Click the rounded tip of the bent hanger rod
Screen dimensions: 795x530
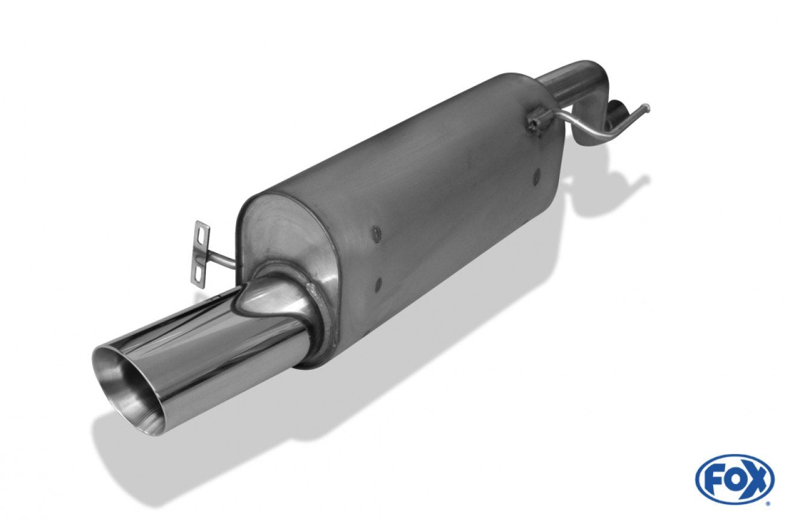(647, 106)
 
